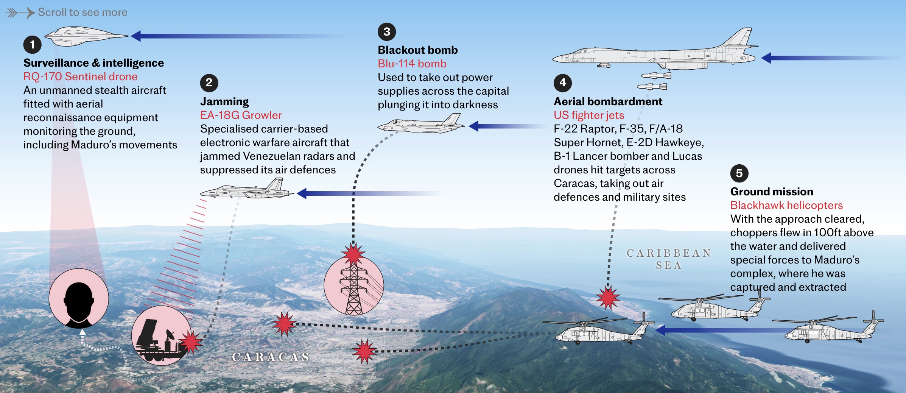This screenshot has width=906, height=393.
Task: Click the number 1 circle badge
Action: coord(33,45)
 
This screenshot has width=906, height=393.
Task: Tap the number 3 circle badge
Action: coord(387,31)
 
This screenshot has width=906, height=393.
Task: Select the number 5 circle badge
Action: coord(739,173)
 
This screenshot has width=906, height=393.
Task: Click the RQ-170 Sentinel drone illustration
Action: coord(86,36)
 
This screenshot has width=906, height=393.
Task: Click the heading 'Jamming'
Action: coord(224,101)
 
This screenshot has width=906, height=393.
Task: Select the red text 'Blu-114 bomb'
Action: coord(412,64)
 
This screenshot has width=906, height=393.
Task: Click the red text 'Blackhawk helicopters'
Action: coord(786,205)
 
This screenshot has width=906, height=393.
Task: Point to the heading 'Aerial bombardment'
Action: coord(608,101)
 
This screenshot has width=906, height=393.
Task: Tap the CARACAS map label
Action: coord(271,357)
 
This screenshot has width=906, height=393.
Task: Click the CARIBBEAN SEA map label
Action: coord(669,259)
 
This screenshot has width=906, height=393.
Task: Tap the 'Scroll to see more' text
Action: coord(83,12)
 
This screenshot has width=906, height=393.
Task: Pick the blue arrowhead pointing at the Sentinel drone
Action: coord(135,36)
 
